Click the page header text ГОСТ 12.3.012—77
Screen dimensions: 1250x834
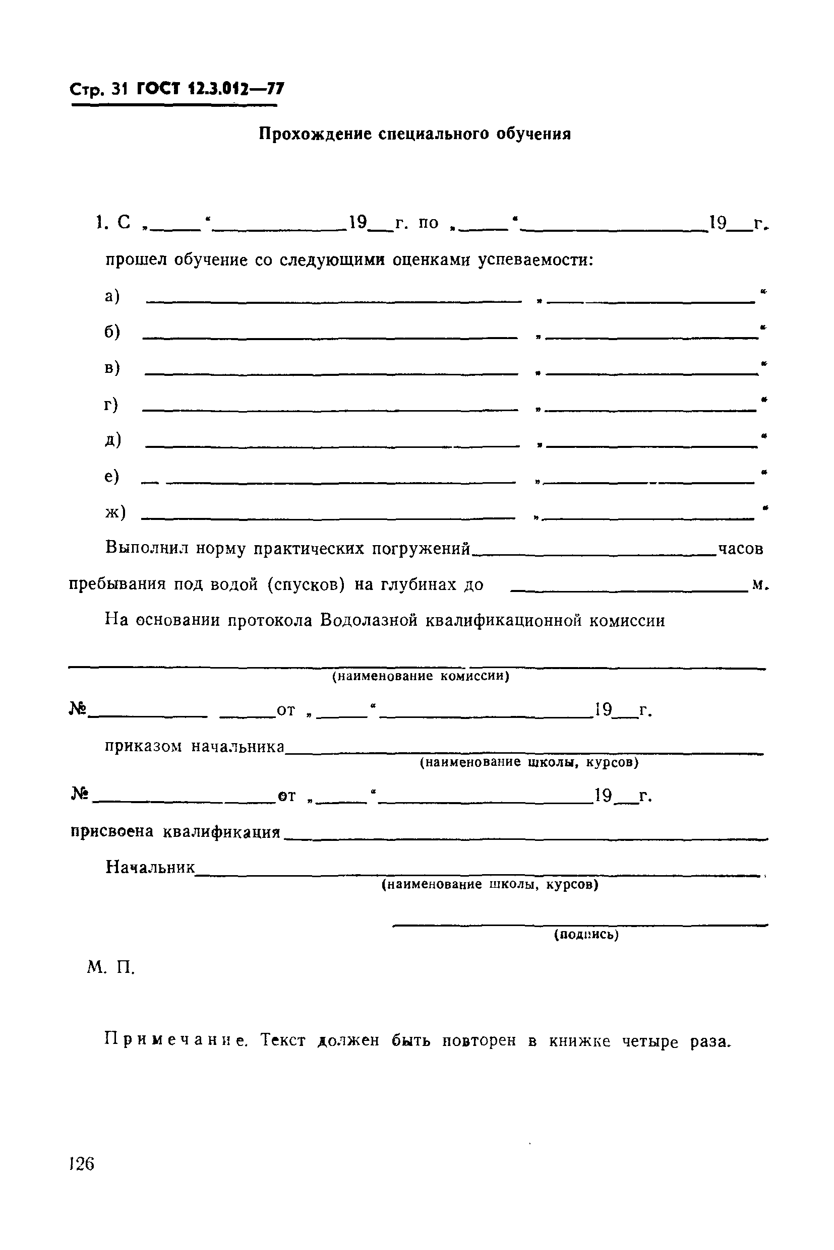(x=210, y=89)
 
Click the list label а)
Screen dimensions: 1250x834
(x=112, y=296)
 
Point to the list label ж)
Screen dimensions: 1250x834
(x=115, y=512)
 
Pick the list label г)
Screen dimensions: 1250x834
(x=111, y=405)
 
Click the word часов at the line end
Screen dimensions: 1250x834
(x=740, y=549)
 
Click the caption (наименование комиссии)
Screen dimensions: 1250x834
(x=421, y=676)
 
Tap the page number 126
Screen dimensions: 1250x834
(x=81, y=1164)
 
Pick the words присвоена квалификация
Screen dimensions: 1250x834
(x=175, y=832)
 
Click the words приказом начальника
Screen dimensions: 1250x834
(x=195, y=747)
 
